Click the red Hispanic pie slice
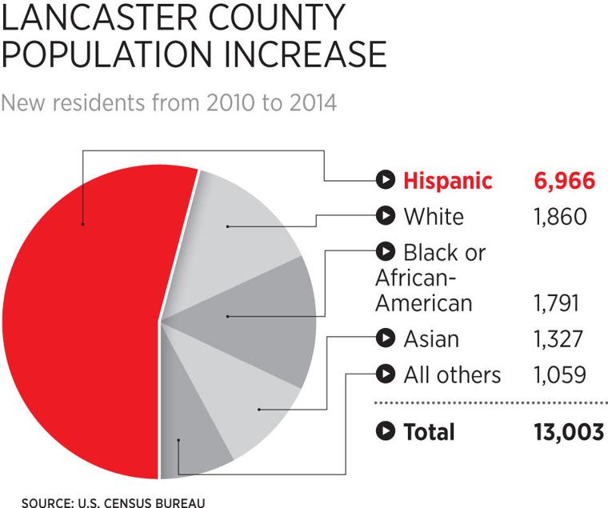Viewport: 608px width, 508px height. pyautogui.click(x=80, y=320)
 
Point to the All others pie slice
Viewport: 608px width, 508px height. pyautogui.click(x=192, y=452)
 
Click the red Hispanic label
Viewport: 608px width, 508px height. pyautogui.click(x=447, y=181)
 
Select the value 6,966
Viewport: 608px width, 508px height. pyautogui.click(x=564, y=181)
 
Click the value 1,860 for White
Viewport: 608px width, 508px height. pyautogui.click(x=560, y=217)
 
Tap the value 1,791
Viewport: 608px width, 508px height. pyautogui.click(x=560, y=304)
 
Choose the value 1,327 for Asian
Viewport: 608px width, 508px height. pyautogui.click(x=560, y=339)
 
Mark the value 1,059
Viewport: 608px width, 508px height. pyautogui.click(x=560, y=374)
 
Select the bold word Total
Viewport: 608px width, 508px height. pyautogui.click(x=429, y=432)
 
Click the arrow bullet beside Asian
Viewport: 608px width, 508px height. pyautogui.click(x=386, y=338)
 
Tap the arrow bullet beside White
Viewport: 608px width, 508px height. pyautogui.click(x=386, y=216)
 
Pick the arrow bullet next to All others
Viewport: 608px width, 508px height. pyautogui.click(x=386, y=374)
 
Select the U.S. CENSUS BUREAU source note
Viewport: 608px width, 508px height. pyautogui.click(x=141, y=502)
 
